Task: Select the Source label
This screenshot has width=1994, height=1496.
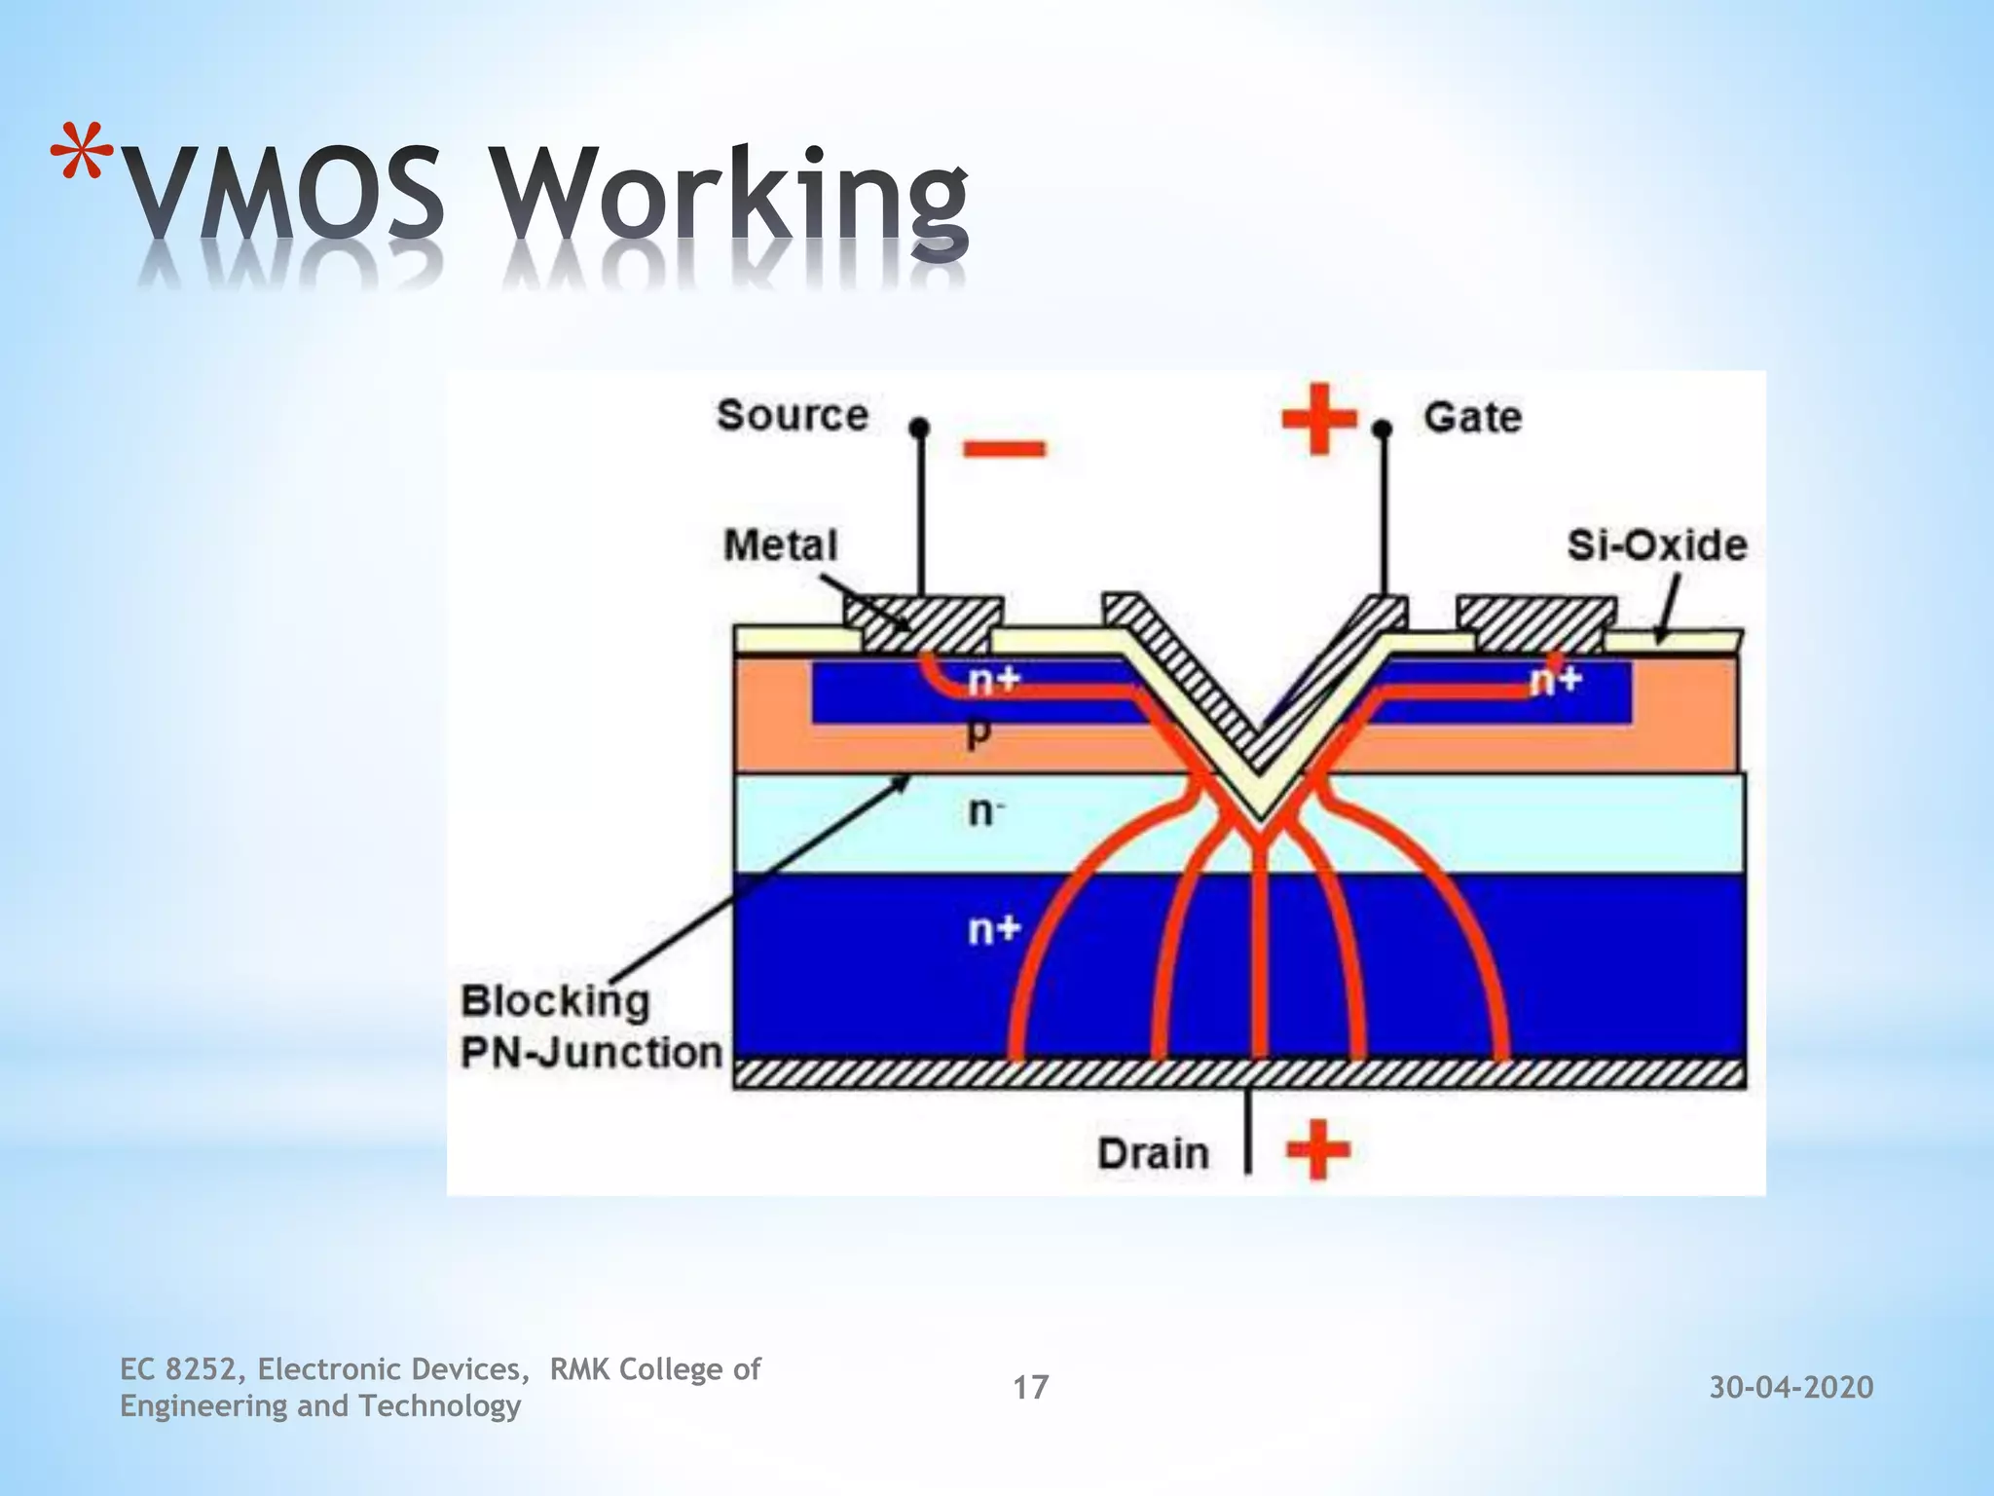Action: [x=793, y=416]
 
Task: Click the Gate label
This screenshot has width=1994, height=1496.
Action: [x=1472, y=418]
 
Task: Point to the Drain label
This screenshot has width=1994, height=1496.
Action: [x=1153, y=1154]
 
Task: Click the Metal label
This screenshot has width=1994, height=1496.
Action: [x=781, y=545]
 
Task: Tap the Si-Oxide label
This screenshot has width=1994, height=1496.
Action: [x=1656, y=545]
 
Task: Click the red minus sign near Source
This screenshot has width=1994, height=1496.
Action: [x=1004, y=449]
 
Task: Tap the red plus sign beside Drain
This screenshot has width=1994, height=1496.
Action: [x=1318, y=1150]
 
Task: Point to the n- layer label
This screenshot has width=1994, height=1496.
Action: [x=986, y=811]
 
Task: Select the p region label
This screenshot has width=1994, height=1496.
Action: [x=979, y=733]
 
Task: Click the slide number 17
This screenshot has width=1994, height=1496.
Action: [x=1030, y=1387]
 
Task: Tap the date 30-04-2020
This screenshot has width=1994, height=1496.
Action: [x=1791, y=1387]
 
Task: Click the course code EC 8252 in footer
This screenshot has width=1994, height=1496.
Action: [x=177, y=1369]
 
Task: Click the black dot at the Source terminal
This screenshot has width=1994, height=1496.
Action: [x=919, y=428]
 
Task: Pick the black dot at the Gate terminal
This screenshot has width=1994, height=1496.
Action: [x=1381, y=429]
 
